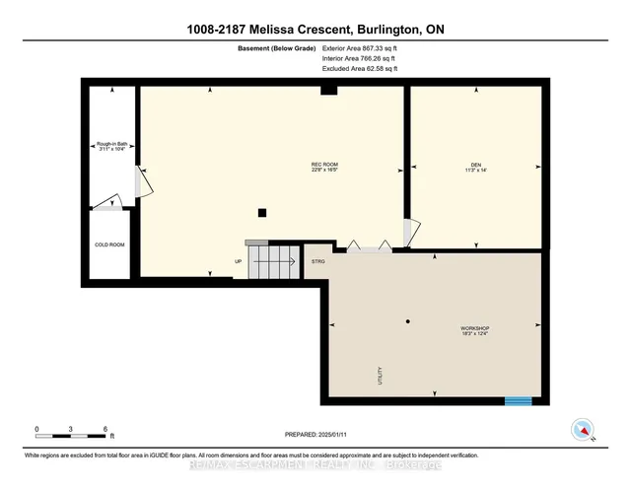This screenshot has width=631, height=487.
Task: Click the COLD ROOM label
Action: point(108,244)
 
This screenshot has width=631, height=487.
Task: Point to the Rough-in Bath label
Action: point(110,148)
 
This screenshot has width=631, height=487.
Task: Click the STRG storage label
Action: point(317,261)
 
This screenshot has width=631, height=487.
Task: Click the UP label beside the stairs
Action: point(238,261)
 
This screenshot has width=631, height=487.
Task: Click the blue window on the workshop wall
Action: point(518,400)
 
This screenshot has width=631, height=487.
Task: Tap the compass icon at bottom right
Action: point(582,429)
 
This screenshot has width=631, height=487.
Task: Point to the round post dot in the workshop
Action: point(407,321)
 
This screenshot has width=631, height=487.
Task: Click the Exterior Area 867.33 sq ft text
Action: point(361,47)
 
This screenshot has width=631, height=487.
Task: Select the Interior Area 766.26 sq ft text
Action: point(360,58)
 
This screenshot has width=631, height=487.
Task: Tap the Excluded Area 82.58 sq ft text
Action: point(360,69)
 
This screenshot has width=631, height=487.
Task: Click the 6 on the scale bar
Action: point(105,429)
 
